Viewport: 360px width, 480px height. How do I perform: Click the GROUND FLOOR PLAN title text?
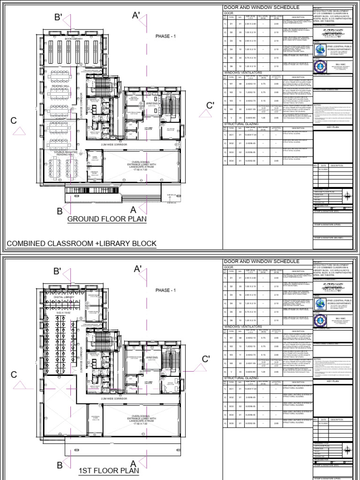click(x=107, y=219)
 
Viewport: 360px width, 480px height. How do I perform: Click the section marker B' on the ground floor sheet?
click(x=59, y=18)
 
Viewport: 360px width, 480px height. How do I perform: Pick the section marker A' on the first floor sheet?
click(x=138, y=269)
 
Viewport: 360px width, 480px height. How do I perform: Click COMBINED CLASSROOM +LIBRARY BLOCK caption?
click(x=81, y=244)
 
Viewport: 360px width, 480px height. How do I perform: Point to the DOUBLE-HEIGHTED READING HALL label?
click(x=65, y=153)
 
